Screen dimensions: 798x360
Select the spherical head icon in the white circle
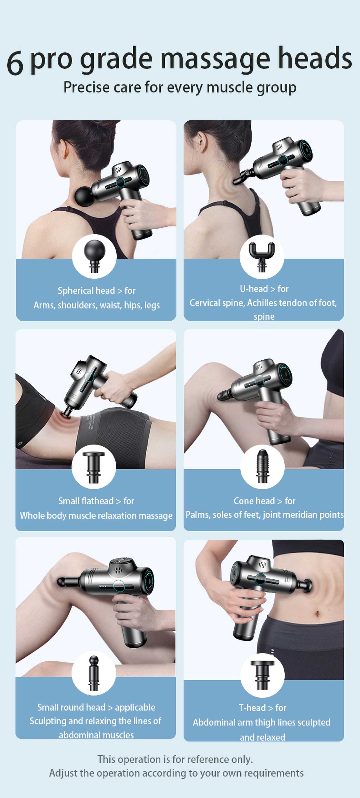(x=94, y=256)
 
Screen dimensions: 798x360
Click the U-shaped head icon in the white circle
(x=262, y=256)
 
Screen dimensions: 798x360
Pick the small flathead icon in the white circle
(x=94, y=467)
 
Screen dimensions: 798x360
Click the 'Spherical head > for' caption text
(x=96, y=291)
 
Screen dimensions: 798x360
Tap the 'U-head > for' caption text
(x=264, y=289)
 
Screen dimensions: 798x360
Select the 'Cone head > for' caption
(x=264, y=501)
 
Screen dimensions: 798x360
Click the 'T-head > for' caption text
(x=262, y=708)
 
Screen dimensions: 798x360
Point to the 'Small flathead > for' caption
(x=96, y=501)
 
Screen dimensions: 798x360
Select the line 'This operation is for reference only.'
(x=175, y=759)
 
